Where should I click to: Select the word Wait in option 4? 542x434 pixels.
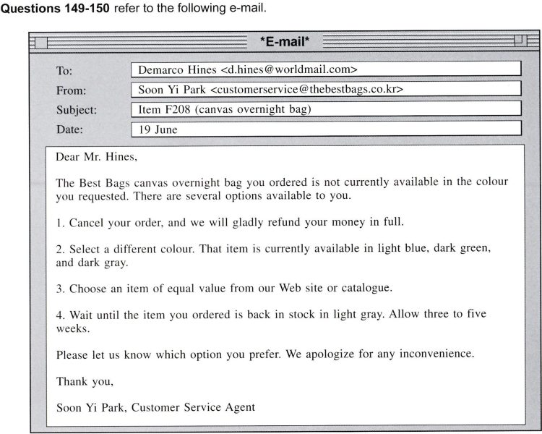[x=82, y=315]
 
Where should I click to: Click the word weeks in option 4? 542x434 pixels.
[x=71, y=328]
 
